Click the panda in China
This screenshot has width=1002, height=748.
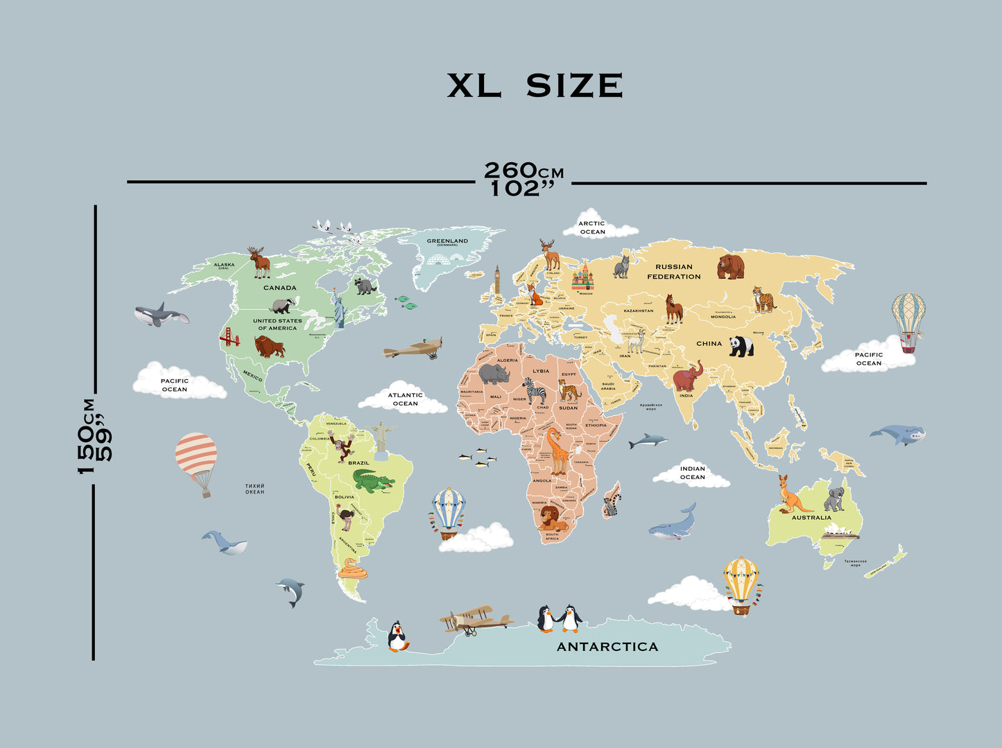pyautogui.click(x=741, y=346)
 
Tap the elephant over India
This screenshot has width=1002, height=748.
pyautogui.click(x=687, y=376)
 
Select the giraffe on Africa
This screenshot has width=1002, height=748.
pyautogui.click(x=558, y=450)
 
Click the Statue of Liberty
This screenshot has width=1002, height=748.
pyautogui.click(x=338, y=308)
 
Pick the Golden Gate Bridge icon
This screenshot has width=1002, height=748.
pyautogui.click(x=229, y=338)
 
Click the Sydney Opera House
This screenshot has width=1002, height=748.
pyautogui.click(x=840, y=532)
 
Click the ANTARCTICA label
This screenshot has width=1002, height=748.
pyautogui.click(x=607, y=647)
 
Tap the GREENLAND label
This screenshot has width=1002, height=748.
pyautogui.click(x=447, y=241)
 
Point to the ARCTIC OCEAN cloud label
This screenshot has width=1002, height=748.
pyautogui.click(x=593, y=227)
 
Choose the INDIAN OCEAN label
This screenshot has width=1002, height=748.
pyautogui.click(x=692, y=473)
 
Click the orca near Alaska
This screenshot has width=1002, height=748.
pyautogui.click(x=161, y=315)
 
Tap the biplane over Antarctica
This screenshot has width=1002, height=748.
pyautogui.click(x=475, y=619)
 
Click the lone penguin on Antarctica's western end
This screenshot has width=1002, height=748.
pyautogui.click(x=397, y=636)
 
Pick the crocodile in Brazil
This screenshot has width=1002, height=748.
pyautogui.click(x=373, y=480)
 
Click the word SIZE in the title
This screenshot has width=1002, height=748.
pyautogui.click(x=574, y=85)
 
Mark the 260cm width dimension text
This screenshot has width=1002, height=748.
pyautogui.click(x=524, y=171)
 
